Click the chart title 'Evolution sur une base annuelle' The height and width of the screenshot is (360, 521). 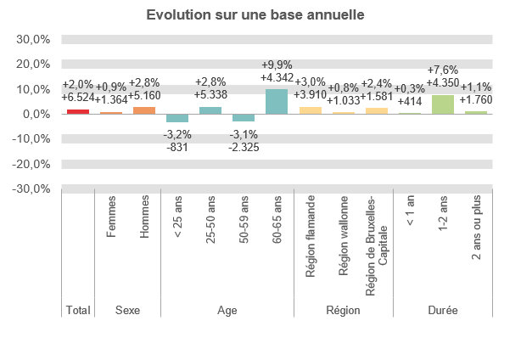(255, 15)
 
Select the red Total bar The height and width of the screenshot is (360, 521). (78, 111)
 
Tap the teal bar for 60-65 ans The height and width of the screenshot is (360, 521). (277, 101)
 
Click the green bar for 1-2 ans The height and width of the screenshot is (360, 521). (443, 104)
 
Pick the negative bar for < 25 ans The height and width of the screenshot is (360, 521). (177, 118)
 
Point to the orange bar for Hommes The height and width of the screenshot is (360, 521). (144, 110)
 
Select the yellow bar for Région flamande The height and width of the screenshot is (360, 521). (311, 110)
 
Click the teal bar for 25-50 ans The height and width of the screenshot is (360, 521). (210, 110)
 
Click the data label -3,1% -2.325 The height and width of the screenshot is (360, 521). (244, 141)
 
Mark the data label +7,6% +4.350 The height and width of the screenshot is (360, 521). (443, 76)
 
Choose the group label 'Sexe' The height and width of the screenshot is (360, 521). (128, 311)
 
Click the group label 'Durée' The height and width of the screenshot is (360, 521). (443, 311)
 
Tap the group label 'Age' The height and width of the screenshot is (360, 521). (227, 311)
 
